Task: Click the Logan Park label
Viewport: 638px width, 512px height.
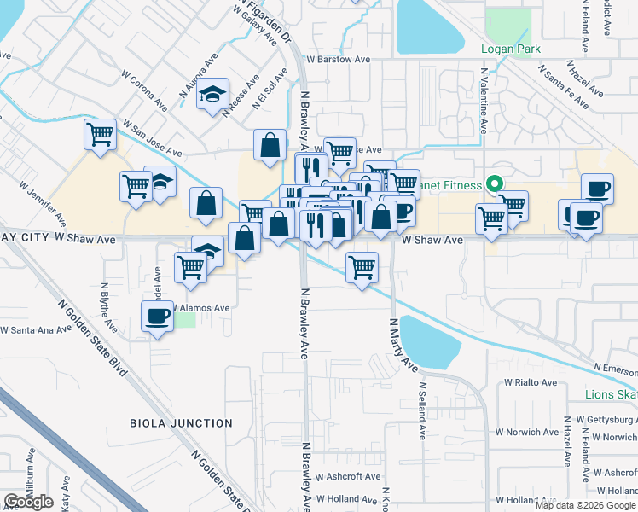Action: point(510,49)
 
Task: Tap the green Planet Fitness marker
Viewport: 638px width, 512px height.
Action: point(493,183)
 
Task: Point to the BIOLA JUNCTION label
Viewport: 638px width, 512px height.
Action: point(181,423)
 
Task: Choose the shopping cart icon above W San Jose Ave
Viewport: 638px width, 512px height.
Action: point(100,133)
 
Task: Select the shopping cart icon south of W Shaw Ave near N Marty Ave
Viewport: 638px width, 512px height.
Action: point(362,266)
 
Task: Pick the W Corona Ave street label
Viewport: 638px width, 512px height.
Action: point(144,92)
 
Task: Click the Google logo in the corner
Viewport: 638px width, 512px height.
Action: point(28,502)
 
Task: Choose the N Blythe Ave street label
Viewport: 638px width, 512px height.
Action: point(108,307)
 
